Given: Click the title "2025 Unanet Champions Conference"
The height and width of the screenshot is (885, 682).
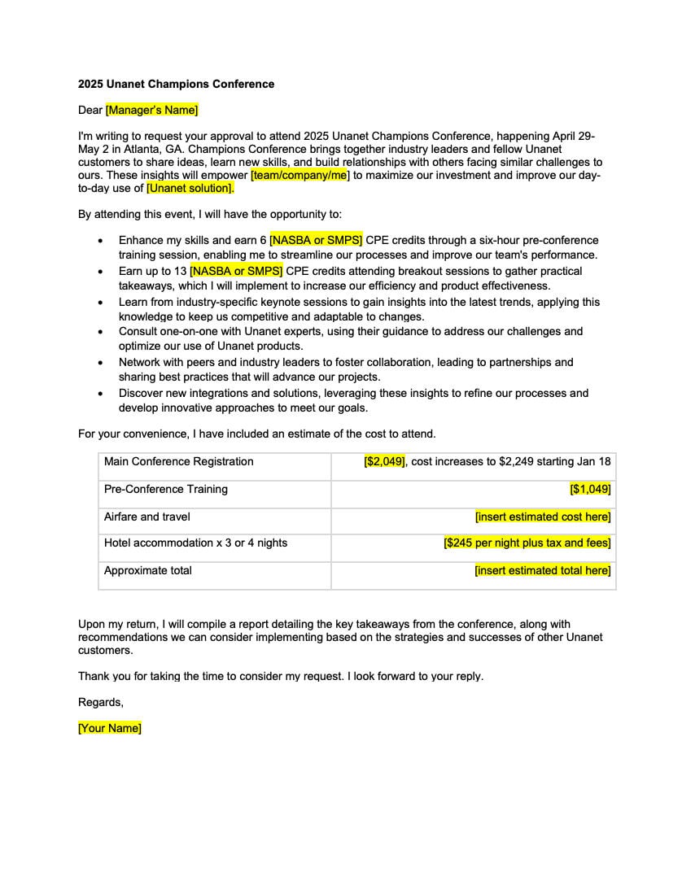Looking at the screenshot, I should pos(176,84).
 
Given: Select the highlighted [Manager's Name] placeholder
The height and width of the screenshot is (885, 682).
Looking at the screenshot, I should pos(151,110).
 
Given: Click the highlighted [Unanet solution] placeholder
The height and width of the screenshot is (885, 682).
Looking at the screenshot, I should pos(190,188).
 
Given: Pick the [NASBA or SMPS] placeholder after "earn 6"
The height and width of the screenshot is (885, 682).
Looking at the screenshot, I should pos(316,240).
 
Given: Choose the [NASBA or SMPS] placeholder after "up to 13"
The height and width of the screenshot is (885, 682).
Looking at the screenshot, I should pos(236,271).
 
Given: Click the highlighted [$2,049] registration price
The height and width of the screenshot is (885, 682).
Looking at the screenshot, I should pos(384,461).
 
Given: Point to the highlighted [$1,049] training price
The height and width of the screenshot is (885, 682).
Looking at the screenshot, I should pos(590,489).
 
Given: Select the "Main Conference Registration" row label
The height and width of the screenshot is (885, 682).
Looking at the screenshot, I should pos(178,461).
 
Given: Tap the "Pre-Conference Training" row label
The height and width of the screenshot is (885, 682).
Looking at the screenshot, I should pos(165,489).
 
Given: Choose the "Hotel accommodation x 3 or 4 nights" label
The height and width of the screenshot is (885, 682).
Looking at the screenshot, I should pos(195,543).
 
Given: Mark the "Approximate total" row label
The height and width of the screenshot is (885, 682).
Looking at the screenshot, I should pos(147,570).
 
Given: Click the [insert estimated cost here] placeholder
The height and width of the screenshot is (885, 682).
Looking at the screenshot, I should pos(543,517).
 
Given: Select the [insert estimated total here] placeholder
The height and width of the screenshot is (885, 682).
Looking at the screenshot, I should pos(543,570).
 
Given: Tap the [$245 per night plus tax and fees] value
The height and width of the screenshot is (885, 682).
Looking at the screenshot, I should pos(527,543).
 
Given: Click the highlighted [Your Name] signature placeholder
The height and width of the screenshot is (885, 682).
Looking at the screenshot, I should pos(109,728).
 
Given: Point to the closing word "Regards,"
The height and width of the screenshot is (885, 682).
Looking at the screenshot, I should pos(100,702).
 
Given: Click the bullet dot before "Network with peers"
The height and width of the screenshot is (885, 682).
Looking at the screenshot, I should pos(100,363).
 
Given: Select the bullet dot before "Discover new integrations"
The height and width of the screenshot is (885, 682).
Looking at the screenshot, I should pos(100,394).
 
